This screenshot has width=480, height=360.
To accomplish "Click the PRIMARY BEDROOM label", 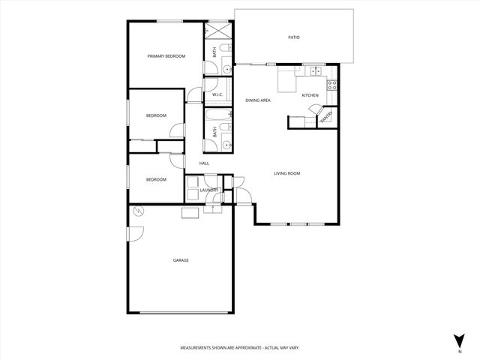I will click(166, 56).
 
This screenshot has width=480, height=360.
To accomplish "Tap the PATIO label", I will click(294, 37).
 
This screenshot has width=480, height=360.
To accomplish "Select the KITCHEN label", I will click(310, 95).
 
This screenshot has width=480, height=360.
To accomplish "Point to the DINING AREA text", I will click(258, 100).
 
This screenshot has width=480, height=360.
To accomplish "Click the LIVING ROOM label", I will click(286, 173).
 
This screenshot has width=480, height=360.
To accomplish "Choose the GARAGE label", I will click(181, 260).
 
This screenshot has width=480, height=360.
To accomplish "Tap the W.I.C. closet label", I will click(217, 94).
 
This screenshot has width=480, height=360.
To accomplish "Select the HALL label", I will click(204, 163).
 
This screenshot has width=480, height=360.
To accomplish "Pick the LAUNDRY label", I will click(208, 190).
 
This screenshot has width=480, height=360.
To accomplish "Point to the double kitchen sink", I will click(316, 71).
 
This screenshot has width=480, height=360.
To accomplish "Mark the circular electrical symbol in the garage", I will click(138, 212).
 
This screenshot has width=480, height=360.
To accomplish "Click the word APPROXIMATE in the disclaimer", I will click(247, 348).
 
